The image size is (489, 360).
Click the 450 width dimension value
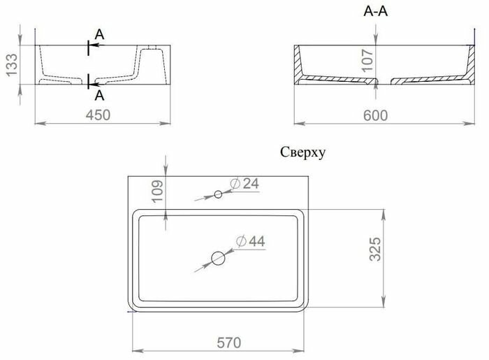(98, 115)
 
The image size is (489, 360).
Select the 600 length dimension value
(376, 115)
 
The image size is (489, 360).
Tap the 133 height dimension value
(12, 65)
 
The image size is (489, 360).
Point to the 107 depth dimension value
(368, 60)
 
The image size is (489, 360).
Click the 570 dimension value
(229, 343)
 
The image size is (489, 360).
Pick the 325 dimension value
(375, 249)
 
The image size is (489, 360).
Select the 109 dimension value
(158, 191)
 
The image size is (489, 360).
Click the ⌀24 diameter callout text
(245, 184)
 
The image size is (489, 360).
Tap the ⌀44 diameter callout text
(250, 241)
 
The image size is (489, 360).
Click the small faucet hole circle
(218, 194)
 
